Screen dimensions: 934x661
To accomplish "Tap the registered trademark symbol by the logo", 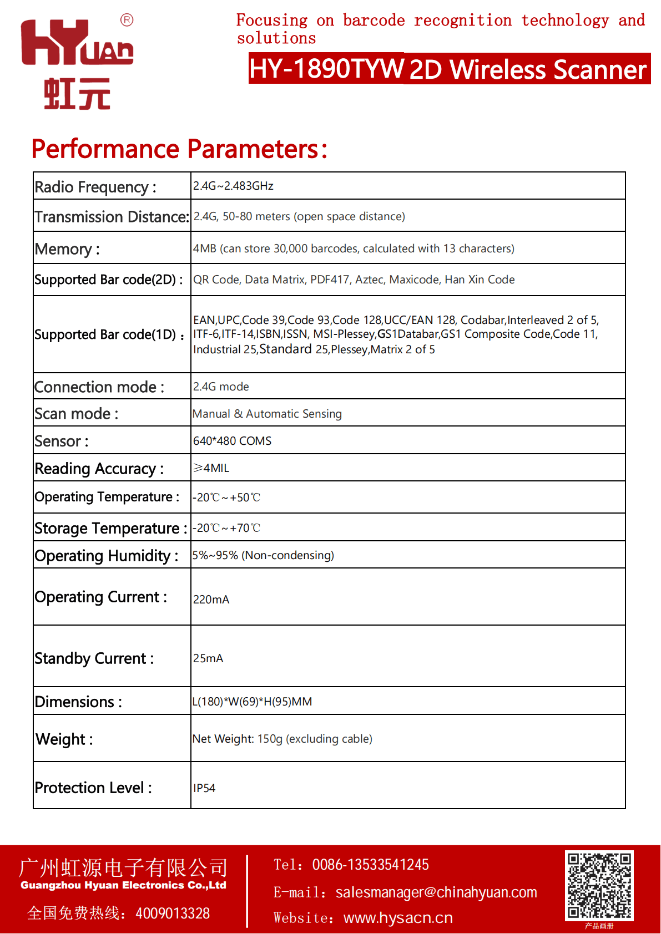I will [x=127, y=21].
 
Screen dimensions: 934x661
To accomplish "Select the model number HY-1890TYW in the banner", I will [x=326, y=69].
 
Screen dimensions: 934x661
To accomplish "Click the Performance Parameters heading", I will [x=179, y=149].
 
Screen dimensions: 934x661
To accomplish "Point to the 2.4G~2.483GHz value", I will [x=233, y=186].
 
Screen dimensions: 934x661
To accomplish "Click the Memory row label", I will [x=67, y=249].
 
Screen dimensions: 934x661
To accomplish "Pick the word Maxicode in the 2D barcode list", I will [x=414, y=280].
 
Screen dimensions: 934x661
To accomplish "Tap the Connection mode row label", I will [x=99, y=387].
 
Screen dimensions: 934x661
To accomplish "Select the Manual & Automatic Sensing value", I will [x=267, y=414].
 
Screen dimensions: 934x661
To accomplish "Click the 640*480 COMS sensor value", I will [x=232, y=441].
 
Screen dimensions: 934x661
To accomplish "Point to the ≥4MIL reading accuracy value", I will [x=211, y=468].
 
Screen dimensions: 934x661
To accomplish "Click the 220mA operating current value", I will [x=211, y=600].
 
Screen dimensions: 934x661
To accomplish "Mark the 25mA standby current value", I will [x=208, y=658].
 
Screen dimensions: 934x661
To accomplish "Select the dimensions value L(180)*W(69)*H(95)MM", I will [x=252, y=702].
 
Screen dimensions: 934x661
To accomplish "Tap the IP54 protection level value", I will [x=204, y=788].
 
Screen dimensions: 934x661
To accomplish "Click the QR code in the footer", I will [x=599, y=885].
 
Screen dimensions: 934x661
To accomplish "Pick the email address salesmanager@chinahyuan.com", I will [x=436, y=892].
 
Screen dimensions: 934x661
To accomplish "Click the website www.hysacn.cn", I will [x=398, y=918].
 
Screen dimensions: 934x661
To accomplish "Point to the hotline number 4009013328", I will [x=173, y=913].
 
